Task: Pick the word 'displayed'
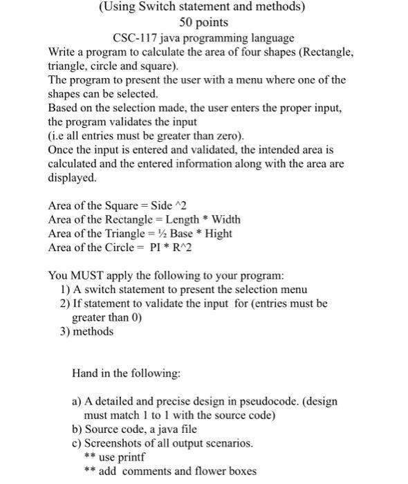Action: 73,177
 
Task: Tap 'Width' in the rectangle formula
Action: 225,219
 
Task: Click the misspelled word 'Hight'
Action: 219,233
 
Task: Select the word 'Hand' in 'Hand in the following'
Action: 85,373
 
